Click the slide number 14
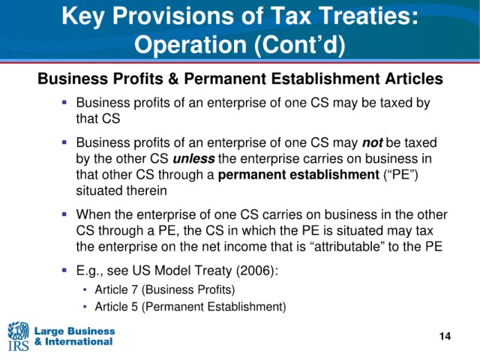(x=445, y=336)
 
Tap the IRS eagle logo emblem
(x=18, y=330)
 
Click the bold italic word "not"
(x=373, y=142)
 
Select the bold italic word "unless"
(x=193, y=158)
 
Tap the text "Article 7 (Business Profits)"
(x=165, y=289)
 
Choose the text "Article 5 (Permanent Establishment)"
(x=190, y=307)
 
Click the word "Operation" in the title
(x=190, y=44)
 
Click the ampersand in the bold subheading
(x=172, y=79)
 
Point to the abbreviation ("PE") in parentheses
(x=400, y=175)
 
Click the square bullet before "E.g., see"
(x=64, y=270)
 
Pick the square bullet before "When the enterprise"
(x=64, y=214)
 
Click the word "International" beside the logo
(x=79, y=342)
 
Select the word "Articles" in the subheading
(x=414, y=79)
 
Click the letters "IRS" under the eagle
(x=18, y=345)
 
